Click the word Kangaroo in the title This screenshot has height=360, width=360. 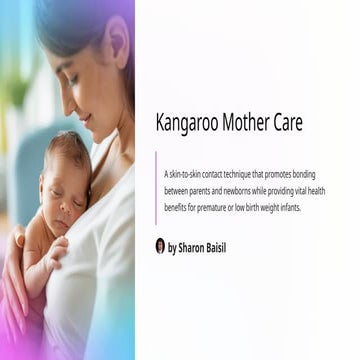click(183, 124)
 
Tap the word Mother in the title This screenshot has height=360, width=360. click(239, 124)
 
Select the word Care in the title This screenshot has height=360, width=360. click(285, 124)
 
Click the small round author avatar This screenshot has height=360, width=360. click(160, 245)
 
